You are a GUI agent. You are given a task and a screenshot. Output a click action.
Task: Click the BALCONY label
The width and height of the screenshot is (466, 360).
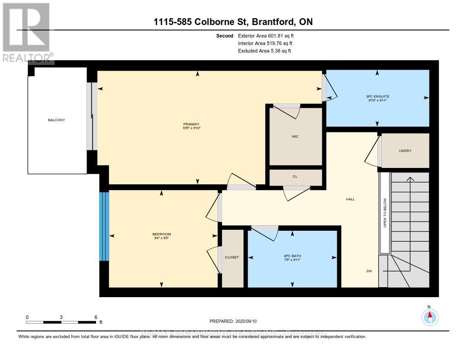(x=57, y=120)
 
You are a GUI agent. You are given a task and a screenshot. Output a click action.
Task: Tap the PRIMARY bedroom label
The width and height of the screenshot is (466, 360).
(x=192, y=124)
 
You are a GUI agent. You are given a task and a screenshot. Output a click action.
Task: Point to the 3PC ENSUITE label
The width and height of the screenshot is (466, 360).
(x=377, y=96)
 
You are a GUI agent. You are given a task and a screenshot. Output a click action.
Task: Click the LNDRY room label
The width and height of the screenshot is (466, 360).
(x=405, y=151)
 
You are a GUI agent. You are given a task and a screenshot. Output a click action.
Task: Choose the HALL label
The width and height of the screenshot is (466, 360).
(x=350, y=199)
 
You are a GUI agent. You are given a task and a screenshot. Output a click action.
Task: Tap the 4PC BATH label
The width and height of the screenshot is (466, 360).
(x=292, y=255)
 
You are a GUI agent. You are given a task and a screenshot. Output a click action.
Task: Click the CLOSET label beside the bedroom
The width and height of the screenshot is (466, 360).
(x=232, y=257)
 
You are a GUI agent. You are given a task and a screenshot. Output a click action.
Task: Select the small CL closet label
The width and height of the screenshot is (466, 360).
(x=295, y=176)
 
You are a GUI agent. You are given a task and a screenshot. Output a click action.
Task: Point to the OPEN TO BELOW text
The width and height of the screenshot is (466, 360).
(x=385, y=213)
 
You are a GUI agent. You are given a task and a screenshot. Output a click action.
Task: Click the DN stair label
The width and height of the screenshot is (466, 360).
(x=369, y=271)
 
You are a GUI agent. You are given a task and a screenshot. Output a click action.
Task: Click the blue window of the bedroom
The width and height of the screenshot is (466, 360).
(x=104, y=226)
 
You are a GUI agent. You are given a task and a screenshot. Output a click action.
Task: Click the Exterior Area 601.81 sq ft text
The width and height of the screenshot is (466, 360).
(x=268, y=35)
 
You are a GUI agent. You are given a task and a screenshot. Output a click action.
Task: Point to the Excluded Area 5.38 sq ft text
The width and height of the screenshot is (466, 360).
(x=264, y=51)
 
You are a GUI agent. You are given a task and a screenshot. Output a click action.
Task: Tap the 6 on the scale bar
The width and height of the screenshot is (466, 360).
(x=95, y=317)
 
